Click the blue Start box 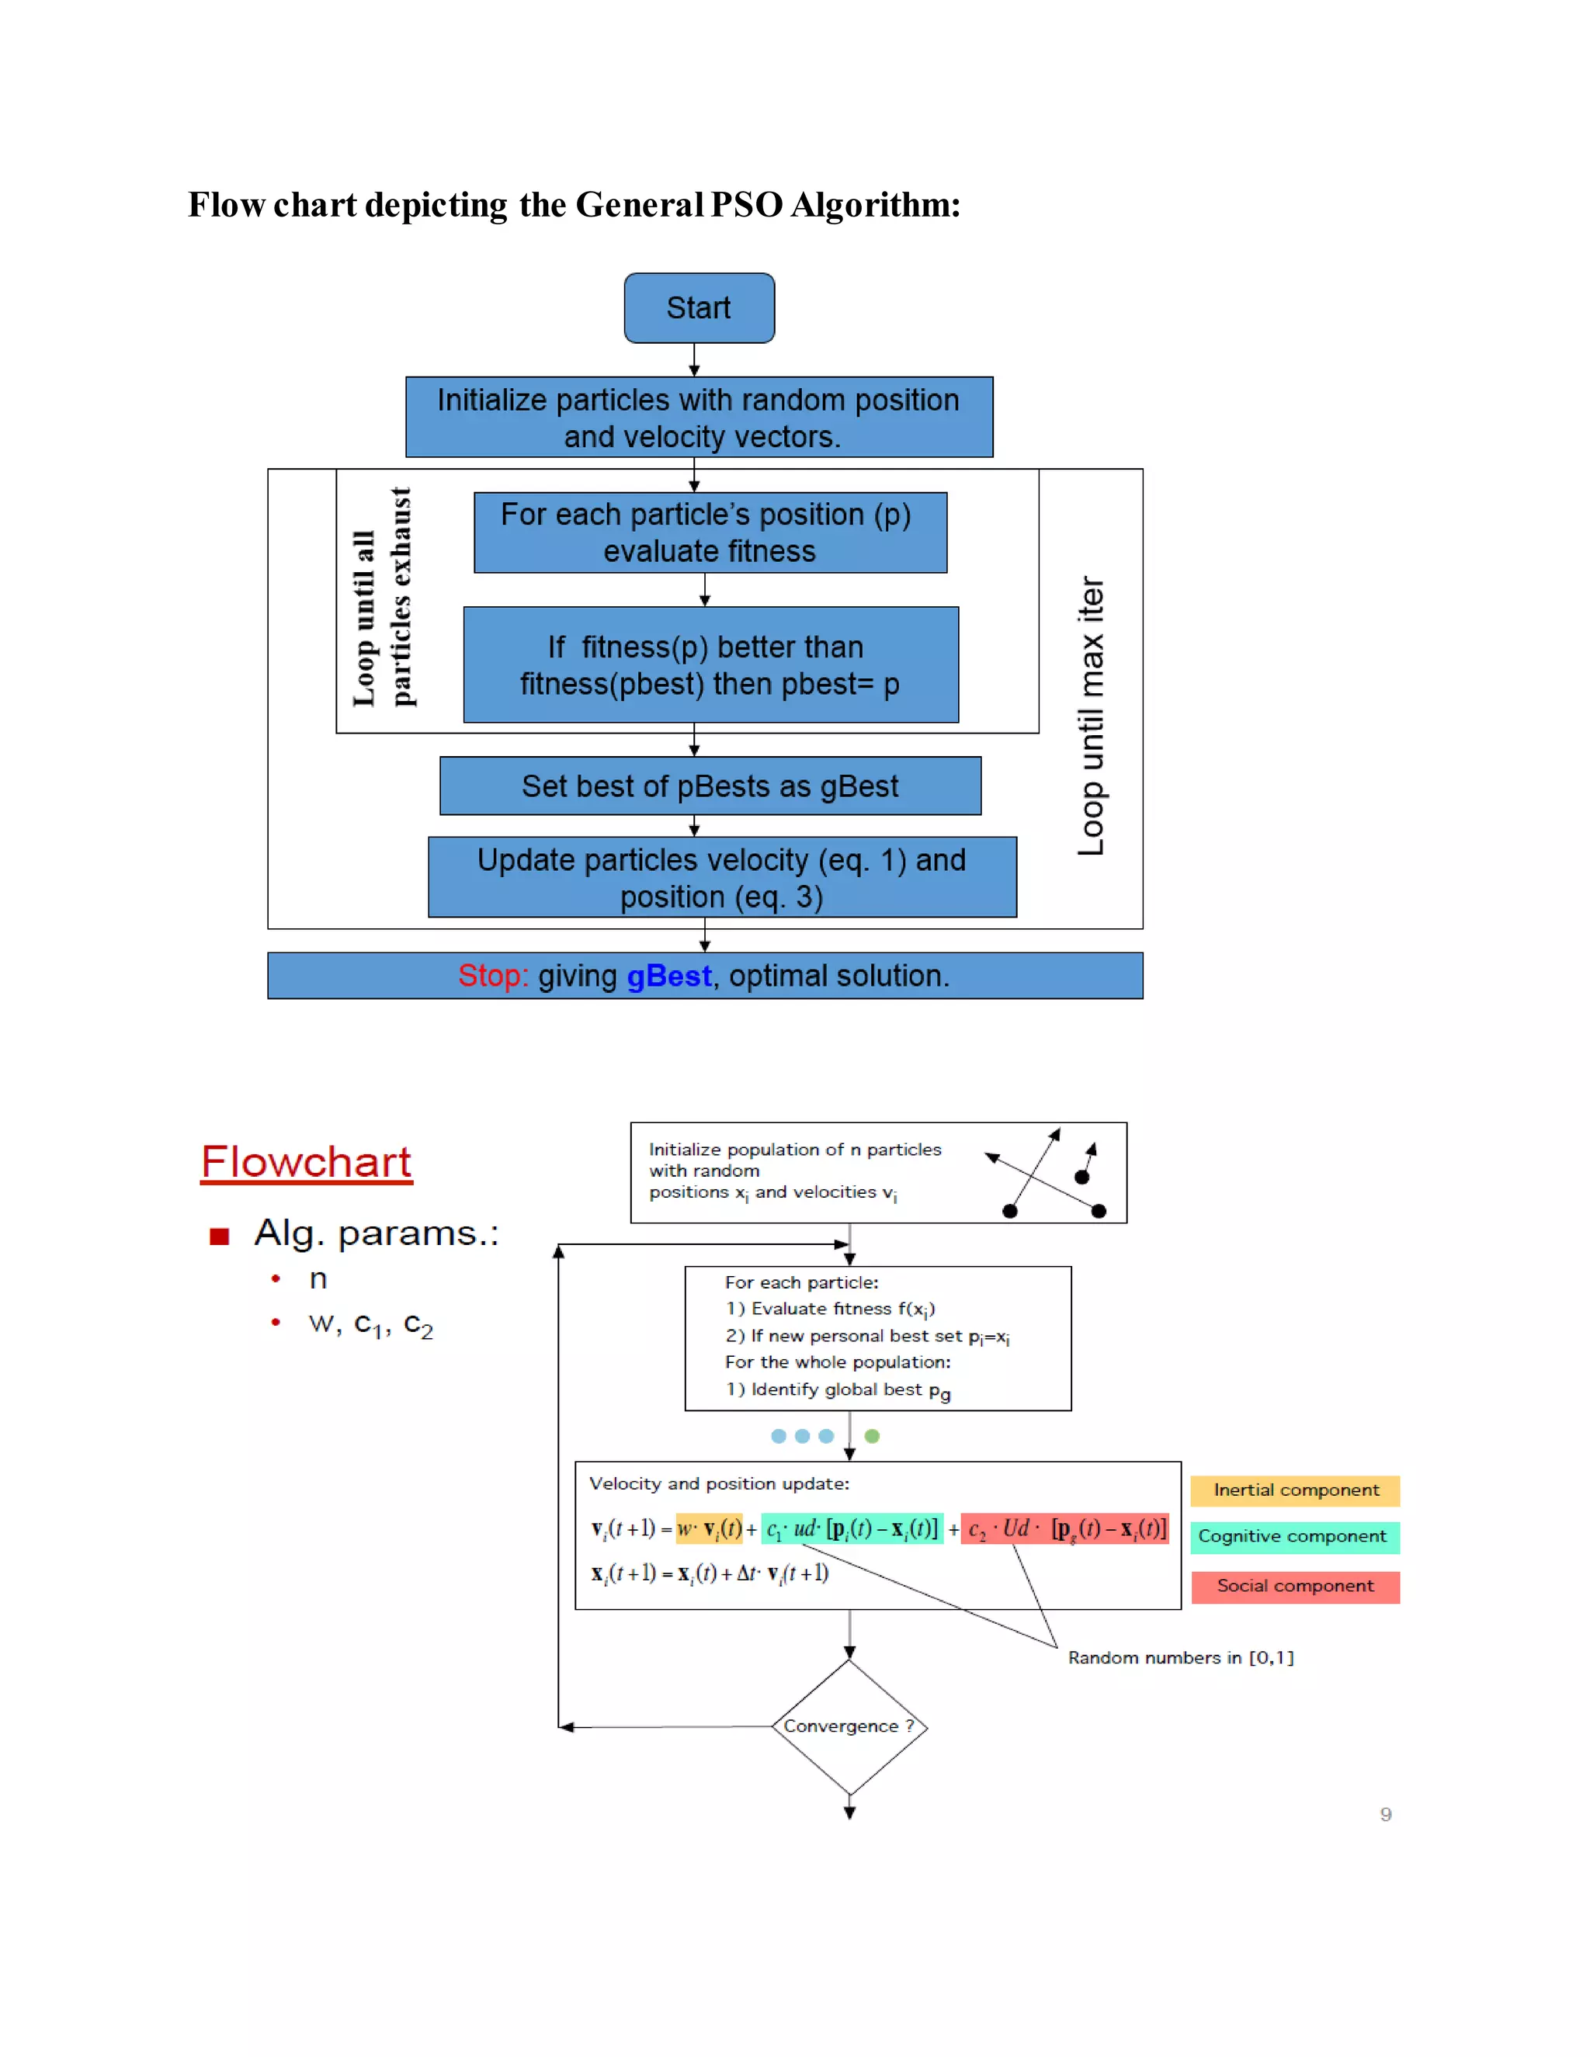(699, 308)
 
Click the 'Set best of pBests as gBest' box (710, 786)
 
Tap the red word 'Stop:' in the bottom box (493, 976)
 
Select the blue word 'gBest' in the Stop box (668, 976)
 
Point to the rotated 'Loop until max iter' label (1091, 716)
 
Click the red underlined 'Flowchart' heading (306, 1162)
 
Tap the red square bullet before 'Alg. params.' (220, 1237)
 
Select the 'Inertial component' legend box (1295, 1490)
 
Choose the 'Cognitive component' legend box (1295, 1537)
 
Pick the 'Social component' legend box (1295, 1586)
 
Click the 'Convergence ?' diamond (849, 1726)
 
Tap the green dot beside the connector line (872, 1436)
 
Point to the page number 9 (1386, 1814)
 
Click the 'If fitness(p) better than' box (711, 665)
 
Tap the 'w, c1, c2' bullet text (370, 1324)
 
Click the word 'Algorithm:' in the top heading (875, 206)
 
